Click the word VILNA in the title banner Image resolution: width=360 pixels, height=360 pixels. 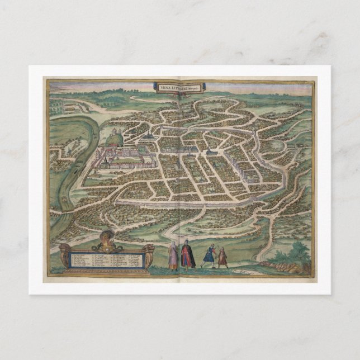[x=163, y=87]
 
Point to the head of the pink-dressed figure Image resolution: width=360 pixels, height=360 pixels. [x=173, y=244]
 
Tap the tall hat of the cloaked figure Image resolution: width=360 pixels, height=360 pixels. [x=188, y=241]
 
